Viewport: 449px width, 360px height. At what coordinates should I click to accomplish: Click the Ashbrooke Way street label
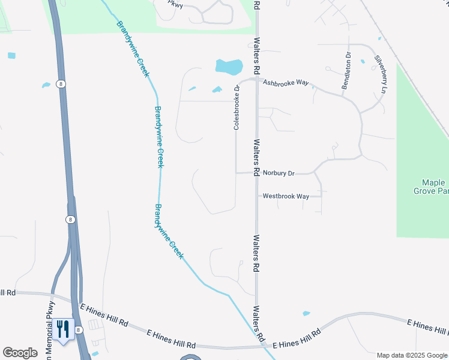pos(286,83)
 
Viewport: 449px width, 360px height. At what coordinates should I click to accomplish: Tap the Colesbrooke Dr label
pos(237,107)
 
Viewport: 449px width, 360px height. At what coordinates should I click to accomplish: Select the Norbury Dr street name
pos(279,173)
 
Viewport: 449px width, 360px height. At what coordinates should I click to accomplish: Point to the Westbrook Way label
pos(286,196)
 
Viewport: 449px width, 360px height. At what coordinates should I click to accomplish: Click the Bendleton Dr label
pos(346,71)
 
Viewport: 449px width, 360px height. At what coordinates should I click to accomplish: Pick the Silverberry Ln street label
pos(379,75)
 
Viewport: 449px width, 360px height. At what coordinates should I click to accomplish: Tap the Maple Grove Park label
pos(431,187)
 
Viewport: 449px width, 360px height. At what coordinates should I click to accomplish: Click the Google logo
pos(20,353)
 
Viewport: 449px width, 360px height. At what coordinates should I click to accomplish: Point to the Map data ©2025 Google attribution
pos(412,355)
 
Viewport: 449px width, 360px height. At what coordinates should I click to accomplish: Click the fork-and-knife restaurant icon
pos(62,329)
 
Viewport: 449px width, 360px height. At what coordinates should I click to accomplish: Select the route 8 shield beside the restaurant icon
pos(78,322)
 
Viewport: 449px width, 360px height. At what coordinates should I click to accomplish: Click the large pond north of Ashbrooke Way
pos(229,66)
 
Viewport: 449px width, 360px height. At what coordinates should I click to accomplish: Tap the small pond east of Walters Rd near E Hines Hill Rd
pos(307,313)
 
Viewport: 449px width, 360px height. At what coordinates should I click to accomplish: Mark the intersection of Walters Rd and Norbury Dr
pos(256,173)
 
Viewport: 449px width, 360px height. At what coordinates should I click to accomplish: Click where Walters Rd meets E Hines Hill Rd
pos(258,346)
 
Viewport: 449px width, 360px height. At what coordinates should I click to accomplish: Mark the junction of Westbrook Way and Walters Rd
pos(256,196)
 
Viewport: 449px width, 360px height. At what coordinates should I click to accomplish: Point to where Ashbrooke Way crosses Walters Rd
pos(256,79)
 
